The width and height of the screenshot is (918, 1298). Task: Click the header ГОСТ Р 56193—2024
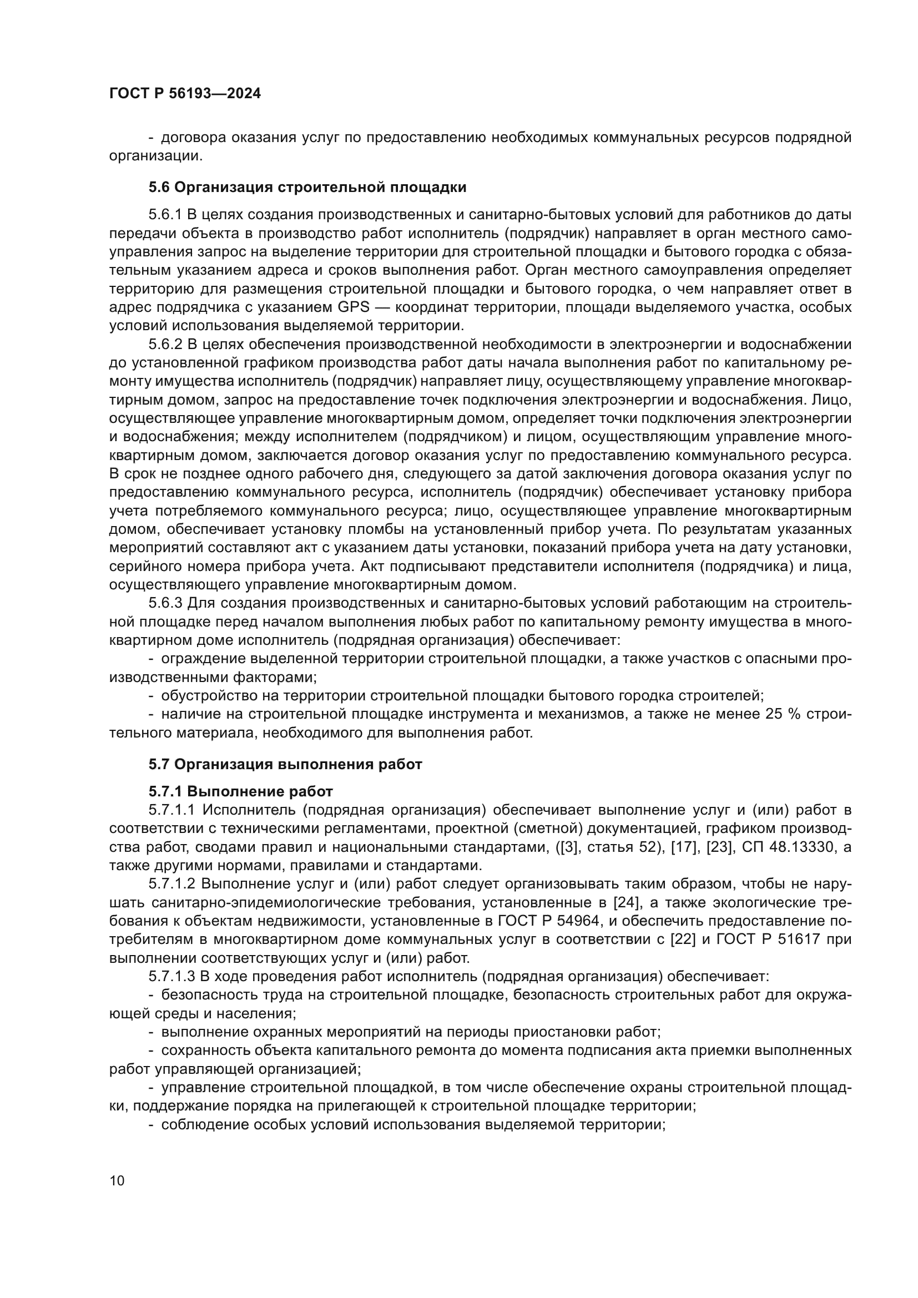(185, 94)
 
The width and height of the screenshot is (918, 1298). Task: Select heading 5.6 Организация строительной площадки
(307, 187)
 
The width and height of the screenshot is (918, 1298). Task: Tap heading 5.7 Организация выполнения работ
(285, 764)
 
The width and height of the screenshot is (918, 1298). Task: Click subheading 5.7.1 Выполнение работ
(241, 791)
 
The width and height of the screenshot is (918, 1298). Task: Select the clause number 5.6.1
(164, 215)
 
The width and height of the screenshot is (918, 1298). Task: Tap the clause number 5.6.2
(164, 344)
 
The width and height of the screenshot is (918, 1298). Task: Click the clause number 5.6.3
(164, 603)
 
